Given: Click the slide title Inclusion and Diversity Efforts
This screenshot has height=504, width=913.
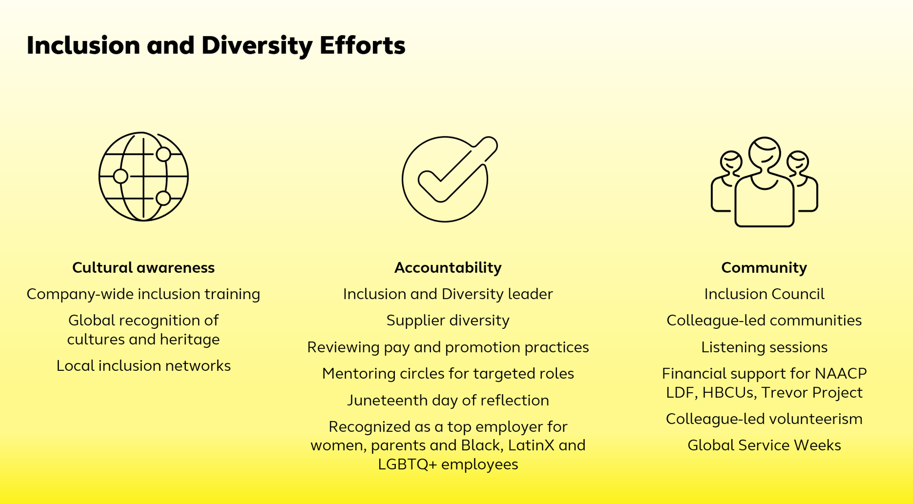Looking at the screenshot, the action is coord(216,46).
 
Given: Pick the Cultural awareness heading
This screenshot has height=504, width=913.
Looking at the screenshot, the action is coord(143,267).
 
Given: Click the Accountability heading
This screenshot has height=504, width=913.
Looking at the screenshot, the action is coord(448,267).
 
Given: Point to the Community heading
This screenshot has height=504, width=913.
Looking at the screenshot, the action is coord(764,267).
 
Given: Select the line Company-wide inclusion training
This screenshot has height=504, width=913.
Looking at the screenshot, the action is coord(143,294).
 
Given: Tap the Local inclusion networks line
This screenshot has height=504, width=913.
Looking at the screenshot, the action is coord(143,366).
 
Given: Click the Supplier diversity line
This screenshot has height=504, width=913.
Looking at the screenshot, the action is coord(448,321).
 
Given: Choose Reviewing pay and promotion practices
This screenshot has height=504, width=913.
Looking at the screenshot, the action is coord(448,348).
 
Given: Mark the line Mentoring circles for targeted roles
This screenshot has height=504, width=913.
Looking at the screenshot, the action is coord(448,374).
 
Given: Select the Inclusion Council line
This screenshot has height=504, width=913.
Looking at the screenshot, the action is coord(764,294).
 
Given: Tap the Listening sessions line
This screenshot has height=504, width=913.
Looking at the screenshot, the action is coord(764,348).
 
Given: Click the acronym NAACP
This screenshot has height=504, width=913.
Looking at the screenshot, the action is coord(841,374).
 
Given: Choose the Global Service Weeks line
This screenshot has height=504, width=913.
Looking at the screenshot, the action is coord(764,445).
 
